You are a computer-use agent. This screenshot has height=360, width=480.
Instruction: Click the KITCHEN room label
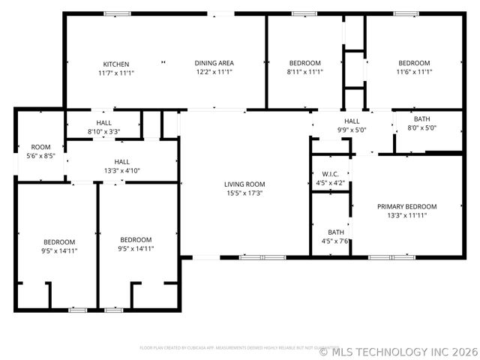116,64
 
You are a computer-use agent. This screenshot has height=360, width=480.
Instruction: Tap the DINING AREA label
215,63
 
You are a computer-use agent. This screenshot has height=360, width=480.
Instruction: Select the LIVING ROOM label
244,184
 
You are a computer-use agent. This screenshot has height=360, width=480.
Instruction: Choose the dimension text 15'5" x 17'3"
244,193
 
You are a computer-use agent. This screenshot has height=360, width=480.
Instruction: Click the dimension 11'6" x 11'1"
414,72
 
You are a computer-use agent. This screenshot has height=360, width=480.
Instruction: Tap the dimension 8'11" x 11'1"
304,72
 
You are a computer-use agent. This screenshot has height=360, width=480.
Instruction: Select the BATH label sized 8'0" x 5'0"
422,119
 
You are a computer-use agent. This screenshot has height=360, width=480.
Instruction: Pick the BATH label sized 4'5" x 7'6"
335,232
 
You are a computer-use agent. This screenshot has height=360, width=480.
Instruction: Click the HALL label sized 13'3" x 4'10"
121,161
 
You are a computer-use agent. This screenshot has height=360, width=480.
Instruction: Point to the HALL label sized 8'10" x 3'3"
104,122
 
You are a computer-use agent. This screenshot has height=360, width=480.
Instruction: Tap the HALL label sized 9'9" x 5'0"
352,121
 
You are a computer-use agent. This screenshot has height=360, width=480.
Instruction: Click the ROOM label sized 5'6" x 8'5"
40,147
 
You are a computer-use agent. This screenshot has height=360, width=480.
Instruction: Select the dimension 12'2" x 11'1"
215,72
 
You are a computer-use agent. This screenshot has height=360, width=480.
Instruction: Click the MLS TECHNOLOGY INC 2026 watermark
398,351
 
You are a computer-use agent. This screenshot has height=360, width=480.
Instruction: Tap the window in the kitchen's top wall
118,13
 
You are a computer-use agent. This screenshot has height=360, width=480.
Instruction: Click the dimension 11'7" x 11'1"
116,73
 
